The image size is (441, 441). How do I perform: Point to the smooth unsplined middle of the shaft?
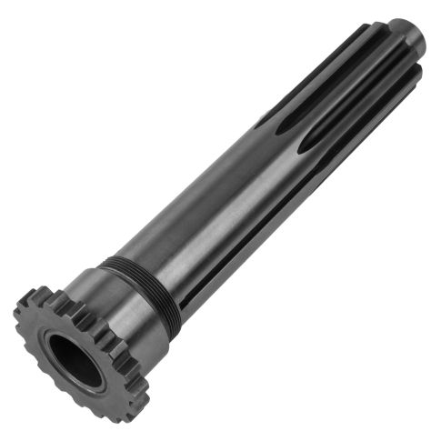pos(209,209)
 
